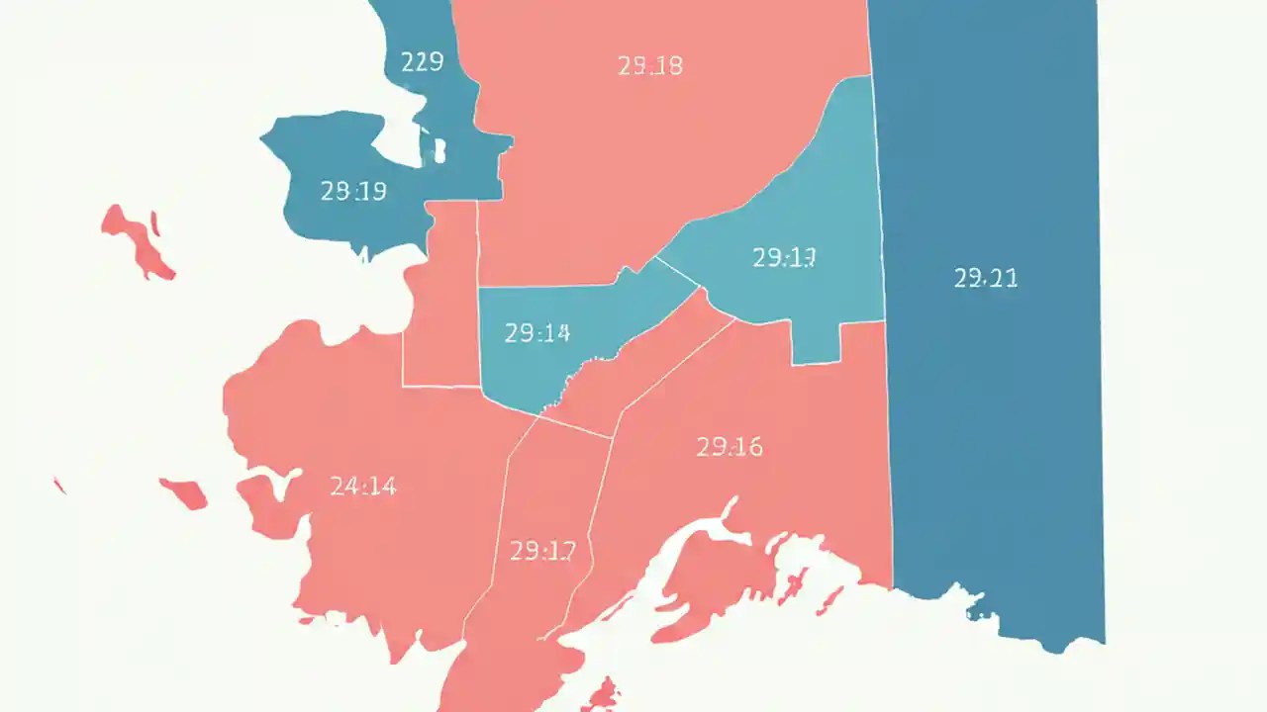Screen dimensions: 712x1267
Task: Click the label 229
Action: pos(422,62)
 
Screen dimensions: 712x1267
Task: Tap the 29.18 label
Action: pos(649,66)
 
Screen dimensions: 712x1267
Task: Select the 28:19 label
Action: pos(353,191)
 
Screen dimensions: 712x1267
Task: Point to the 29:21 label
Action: pos(985,279)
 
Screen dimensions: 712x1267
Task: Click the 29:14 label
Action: pos(536,333)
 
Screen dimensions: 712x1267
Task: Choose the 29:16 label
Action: pos(730,447)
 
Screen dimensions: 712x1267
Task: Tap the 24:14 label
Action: pos(362,486)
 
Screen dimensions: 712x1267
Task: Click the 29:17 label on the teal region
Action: pos(783,258)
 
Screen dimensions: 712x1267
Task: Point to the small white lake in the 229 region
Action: pos(438,149)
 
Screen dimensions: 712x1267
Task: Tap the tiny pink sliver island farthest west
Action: pos(59,485)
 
